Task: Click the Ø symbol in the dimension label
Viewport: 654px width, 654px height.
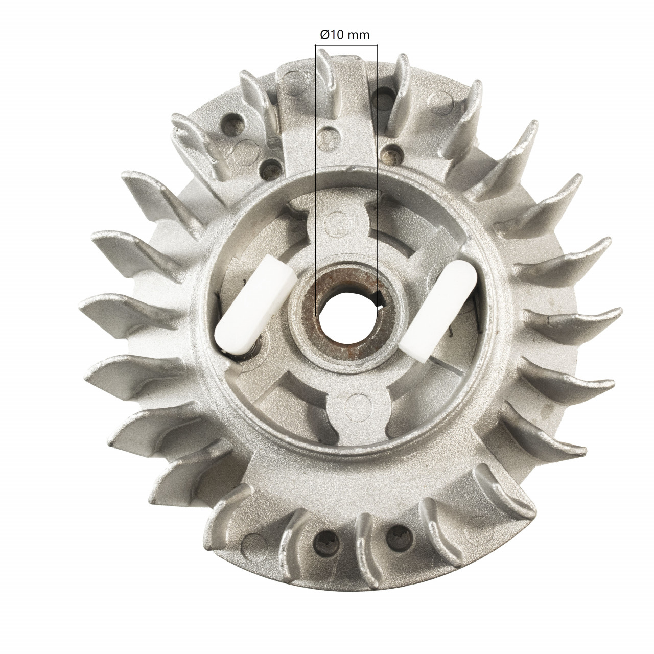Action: click(x=323, y=34)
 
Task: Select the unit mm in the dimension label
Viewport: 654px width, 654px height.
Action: click(x=359, y=34)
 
